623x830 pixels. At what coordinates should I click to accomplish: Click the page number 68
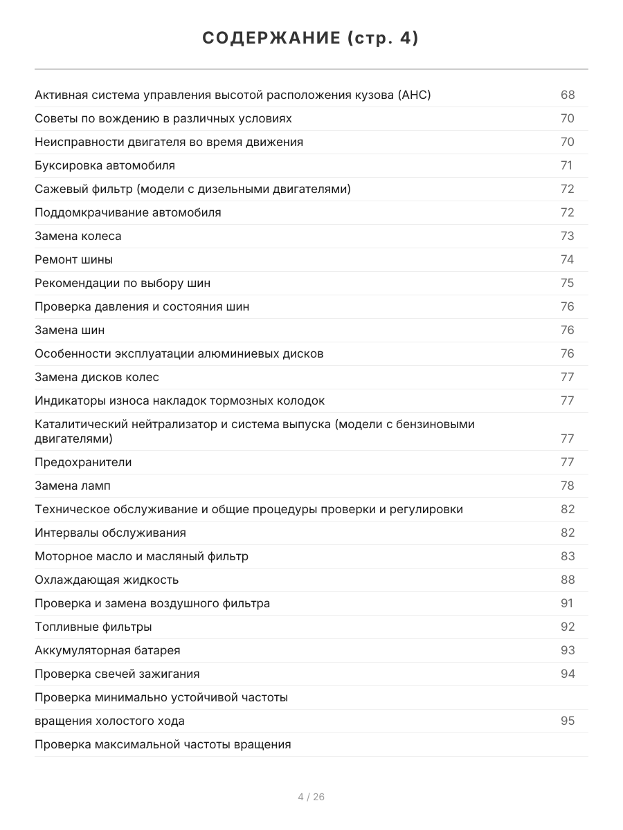point(568,95)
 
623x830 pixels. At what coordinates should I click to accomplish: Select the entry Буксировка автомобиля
point(105,165)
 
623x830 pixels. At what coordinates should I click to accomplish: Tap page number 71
point(566,165)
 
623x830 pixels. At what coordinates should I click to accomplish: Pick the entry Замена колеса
point(78,236)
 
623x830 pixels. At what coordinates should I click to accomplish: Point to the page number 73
point(568,236)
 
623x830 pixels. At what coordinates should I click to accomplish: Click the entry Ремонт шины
point(73,259)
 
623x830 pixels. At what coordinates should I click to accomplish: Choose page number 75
point(568,283)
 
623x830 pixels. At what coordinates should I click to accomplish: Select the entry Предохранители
point(83,462)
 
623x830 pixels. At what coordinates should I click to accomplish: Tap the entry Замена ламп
point(73,486)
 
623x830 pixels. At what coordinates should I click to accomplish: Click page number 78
point(568,486)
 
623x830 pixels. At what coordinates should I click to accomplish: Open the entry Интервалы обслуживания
point(110,533)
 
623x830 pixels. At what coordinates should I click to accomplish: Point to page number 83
point(568,556)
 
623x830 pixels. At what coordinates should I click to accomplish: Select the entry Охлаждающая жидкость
point(107,580)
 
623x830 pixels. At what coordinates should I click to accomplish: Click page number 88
point(568,580)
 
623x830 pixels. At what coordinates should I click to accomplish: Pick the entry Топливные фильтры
point(93,627)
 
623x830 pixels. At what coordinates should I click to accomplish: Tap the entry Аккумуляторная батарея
point(107,650)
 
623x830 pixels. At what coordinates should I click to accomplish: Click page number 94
point(568,674)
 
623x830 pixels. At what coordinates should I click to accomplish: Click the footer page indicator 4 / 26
point(311,797)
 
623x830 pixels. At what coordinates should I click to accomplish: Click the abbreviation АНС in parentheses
point(414,95)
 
